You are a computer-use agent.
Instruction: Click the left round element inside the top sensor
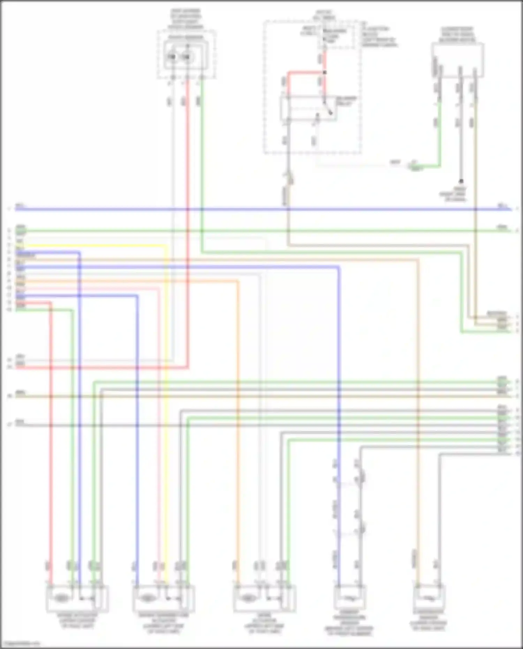(172, 56)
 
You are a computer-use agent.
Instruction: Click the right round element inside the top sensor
(187, 56)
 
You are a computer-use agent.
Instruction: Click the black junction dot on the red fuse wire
(325, 72)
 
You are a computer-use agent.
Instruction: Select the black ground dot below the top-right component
(461, 181)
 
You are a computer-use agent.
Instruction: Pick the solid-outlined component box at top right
(457, 60)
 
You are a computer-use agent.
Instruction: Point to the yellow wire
(165, 384)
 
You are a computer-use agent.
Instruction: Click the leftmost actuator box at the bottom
(77, 598)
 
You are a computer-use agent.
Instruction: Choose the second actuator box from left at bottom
(164, 598)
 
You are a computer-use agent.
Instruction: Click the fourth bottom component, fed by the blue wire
(350, 598)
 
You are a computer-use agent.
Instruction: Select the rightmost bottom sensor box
(429, 598)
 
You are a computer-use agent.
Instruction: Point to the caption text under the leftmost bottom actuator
(77, 621)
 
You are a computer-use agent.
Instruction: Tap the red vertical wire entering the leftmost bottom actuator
(51, 453)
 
